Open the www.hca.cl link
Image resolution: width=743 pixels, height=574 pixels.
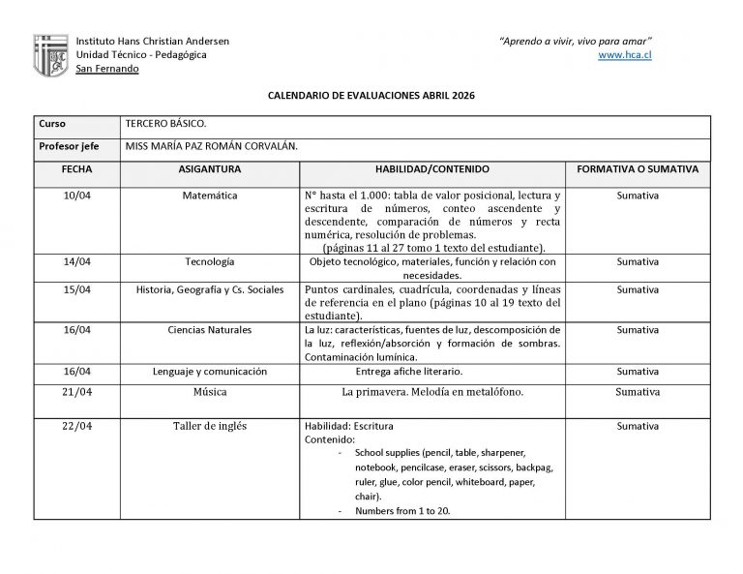pos(625,55)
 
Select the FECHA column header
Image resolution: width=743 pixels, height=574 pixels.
pos(76,169)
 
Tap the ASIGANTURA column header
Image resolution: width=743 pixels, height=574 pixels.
pos(210,169)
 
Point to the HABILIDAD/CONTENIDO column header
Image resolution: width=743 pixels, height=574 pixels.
pos(431,169)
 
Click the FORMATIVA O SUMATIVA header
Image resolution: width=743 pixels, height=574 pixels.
pos(637,169)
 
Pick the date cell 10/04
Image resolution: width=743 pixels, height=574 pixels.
pos(76,196)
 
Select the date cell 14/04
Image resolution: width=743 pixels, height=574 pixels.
pos(76,261)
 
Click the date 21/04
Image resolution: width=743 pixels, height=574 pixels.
pos(76,392)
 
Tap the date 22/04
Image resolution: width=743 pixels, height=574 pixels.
pos(76,426)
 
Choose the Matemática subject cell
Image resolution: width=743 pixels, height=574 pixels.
pos(210,196)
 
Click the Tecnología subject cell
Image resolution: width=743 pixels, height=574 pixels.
pos(210,261)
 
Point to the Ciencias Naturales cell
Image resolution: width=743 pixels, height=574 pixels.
pos(210,330)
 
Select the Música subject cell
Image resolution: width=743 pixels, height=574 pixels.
pos(210,392)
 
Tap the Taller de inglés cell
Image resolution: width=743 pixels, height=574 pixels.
pos(210,426)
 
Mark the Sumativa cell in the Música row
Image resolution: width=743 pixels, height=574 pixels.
pos(637,392)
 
